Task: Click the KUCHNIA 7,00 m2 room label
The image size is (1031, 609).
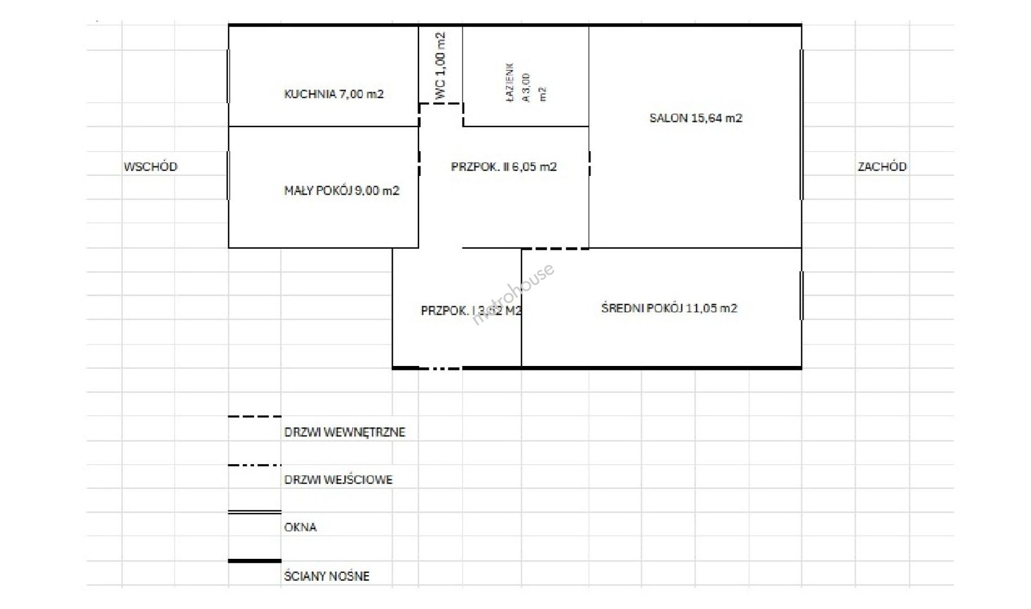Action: pos(334,94)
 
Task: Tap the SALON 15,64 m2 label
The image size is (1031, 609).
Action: pos(696,118)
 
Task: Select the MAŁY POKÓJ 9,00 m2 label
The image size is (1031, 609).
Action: pos(341,191)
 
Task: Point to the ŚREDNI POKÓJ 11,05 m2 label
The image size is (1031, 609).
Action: pos(669,308)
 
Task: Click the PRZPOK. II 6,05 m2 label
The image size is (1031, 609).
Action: pos(504,167)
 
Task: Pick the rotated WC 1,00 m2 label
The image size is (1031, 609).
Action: pos(440,67)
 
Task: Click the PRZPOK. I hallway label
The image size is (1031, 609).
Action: pos(471,311)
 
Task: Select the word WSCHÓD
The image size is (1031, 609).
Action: pos(150,166)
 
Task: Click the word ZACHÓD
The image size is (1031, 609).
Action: pos(882,166)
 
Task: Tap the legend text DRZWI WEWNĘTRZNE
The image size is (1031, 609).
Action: pos(345,433)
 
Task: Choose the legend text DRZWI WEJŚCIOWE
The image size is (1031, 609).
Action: pos(339,480)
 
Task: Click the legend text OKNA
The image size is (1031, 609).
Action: pos(300,527)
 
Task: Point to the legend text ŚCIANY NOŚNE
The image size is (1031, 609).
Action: pos(327,576)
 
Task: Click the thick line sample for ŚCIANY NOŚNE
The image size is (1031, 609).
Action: pos(255,561)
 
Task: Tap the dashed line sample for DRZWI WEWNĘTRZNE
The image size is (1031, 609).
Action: pos(255,417)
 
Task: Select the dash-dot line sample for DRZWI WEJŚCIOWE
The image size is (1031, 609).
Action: pos(255,465)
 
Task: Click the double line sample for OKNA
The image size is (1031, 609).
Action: pos(255,512)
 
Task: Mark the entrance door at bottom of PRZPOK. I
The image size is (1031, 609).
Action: pos(441,368)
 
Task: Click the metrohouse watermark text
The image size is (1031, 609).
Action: pos(513,294)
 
